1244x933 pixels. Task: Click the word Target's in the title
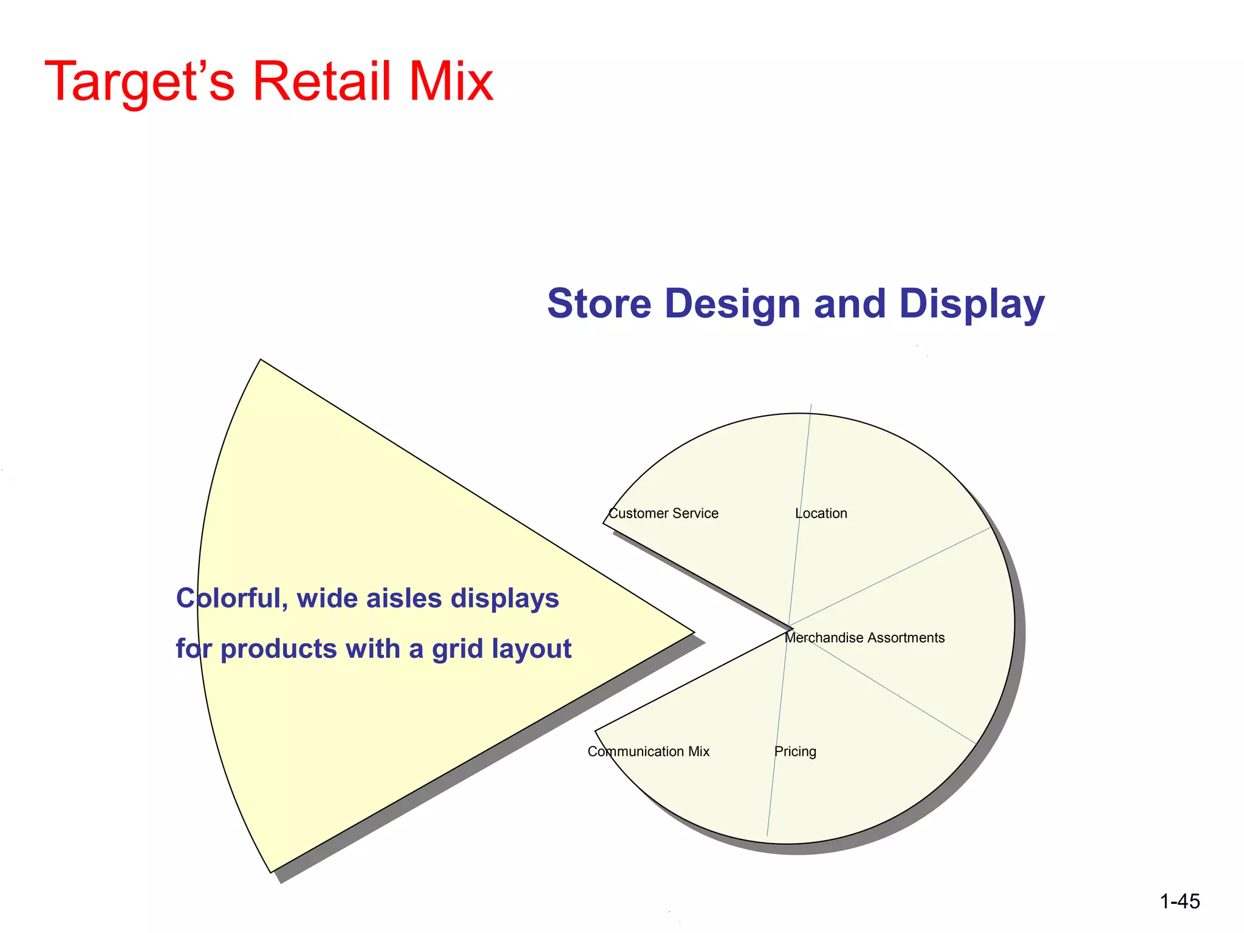(140, 82)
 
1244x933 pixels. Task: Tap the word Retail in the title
(322, 82)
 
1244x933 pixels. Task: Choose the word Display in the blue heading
(971, 303)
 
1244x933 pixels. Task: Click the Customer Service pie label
(663, 514)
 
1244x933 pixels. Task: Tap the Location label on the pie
(821, 514)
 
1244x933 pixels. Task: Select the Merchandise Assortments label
(864, 638)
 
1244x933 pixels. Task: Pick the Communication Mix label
(648, 752)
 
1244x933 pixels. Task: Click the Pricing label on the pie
(795, 752)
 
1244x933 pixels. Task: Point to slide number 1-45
(1180, 901)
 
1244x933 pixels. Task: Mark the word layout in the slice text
(532, 649)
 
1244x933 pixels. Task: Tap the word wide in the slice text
(327, 599)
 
